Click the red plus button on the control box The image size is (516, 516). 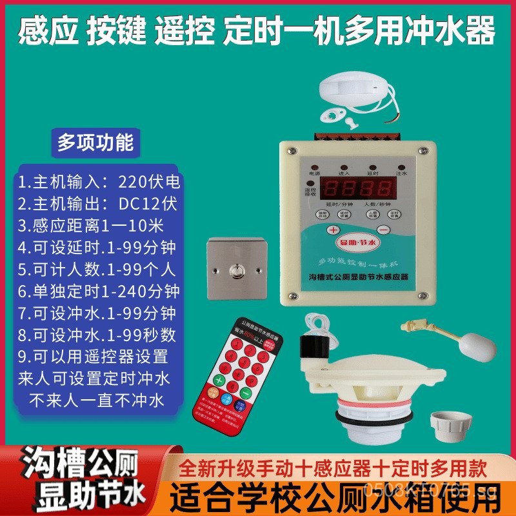[333, 230]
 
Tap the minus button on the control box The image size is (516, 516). [384, 230]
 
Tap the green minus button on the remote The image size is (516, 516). [245, 392]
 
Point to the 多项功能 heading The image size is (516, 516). [95, 142]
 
